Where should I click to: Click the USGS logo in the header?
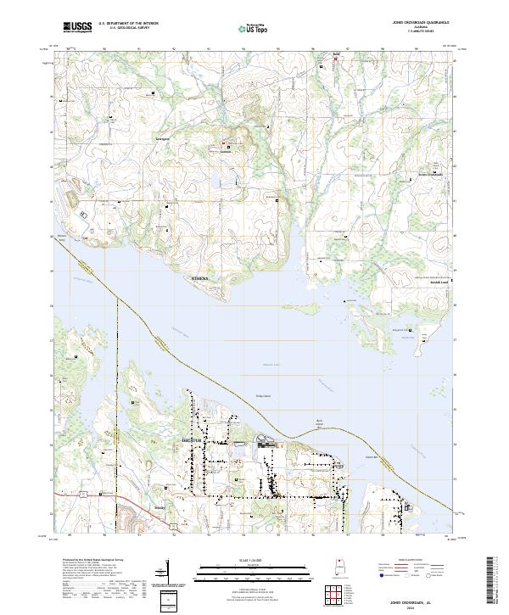pos(77,27)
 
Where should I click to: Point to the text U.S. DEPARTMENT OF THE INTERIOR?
pos(127,24)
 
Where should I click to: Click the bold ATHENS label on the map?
pos(199,277)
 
